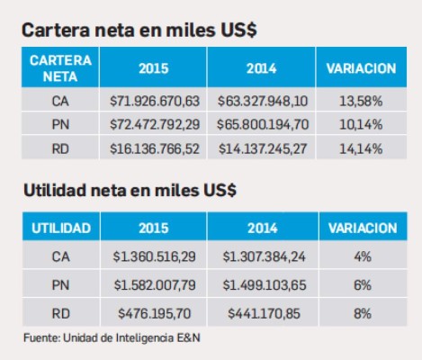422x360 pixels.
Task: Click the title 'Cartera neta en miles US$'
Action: click(x=139, y=30)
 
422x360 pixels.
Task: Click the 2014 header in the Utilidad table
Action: click(x=262, y=229)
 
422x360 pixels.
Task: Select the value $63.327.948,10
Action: click(x=262, y=102)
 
